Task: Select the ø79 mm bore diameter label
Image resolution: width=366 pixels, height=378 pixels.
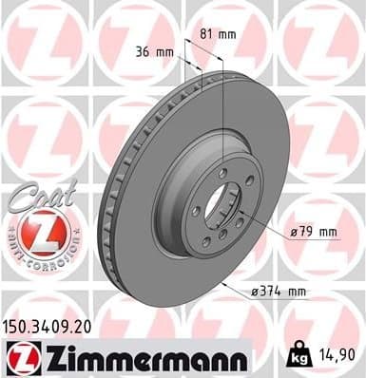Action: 315,232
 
